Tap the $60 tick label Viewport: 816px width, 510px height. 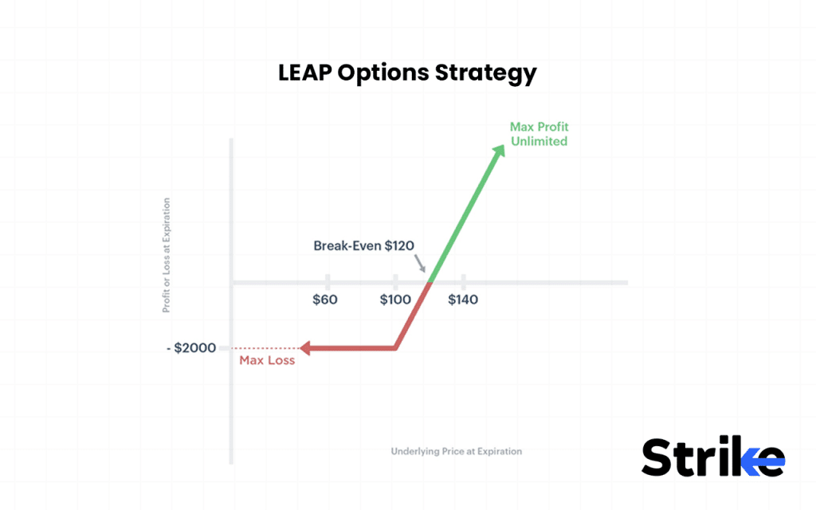(325, 300)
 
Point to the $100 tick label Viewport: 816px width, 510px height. (395, 300)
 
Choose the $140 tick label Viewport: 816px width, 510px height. (464, 300)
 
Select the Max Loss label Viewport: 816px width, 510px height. (267, 360)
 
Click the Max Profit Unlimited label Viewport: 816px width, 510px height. (539, 134)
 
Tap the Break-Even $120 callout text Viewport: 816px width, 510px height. (363, 245)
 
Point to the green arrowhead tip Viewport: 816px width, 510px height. (503, 146)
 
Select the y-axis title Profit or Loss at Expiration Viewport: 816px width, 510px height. (167, 255)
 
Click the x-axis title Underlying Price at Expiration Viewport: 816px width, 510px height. (456, 451)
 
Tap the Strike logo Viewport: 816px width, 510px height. (712, 458)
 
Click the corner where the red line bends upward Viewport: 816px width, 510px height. (396, 348)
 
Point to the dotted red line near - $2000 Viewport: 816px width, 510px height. (259, 348)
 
